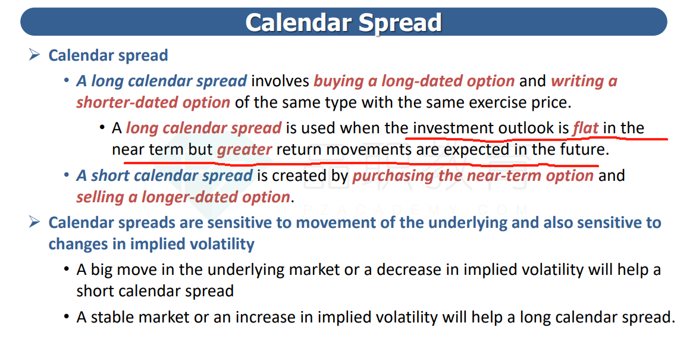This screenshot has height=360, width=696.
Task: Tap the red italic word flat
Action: click(585, 128)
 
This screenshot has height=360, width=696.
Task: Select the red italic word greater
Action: click(244, 149)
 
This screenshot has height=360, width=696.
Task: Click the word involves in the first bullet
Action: click(280, 81)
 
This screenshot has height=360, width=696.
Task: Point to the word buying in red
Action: click(339, 82)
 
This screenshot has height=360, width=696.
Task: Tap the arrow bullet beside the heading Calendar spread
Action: click(34, 55)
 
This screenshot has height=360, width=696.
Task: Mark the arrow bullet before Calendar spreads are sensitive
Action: click(34, 222)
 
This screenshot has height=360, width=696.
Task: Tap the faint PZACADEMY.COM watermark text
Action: click(416, 209)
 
